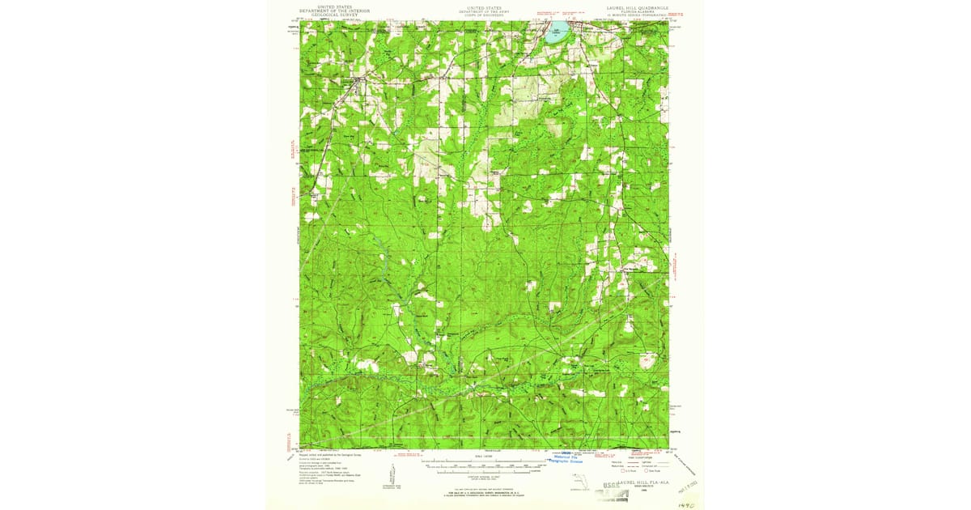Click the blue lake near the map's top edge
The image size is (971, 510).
tap(554, 36)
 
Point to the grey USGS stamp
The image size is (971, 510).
tap(613, 487)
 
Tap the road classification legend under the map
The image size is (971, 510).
tap(635, 465)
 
